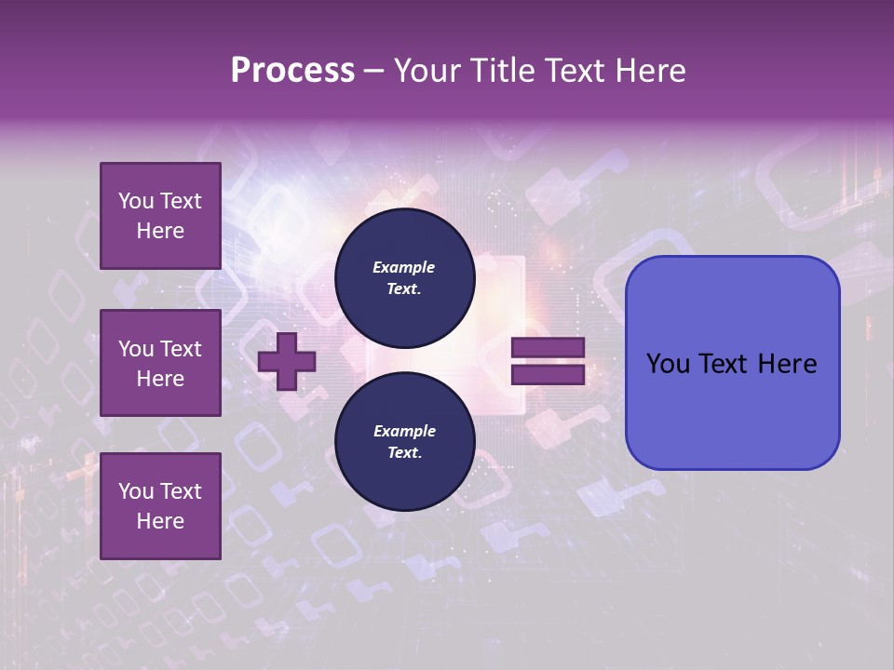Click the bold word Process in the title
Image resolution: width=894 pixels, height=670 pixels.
pos(292,71)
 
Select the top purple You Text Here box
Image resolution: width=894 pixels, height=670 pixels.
pos(160,216)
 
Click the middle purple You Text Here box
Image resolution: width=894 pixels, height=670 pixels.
pos(160,363)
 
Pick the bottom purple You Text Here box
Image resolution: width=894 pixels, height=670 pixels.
pos(160,505)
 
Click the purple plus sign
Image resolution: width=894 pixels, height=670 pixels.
pos(287,361)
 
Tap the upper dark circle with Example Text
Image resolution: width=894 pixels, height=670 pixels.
pos(404,278)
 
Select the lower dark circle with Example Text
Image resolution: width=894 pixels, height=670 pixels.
pos(404,442)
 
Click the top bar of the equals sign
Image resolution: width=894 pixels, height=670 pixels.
pos(549,348)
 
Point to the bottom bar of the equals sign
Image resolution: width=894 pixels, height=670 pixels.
pos(549,375)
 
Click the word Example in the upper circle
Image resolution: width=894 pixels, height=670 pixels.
pos(404,267)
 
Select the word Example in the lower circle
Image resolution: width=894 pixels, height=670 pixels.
pos(404,431)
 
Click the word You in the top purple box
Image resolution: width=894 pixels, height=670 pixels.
pos(135,201)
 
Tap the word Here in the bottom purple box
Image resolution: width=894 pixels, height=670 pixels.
pos(160,521)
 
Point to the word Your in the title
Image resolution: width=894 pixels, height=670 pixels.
pos(428,71)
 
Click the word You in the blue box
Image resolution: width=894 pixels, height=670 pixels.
pos(667,364)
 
